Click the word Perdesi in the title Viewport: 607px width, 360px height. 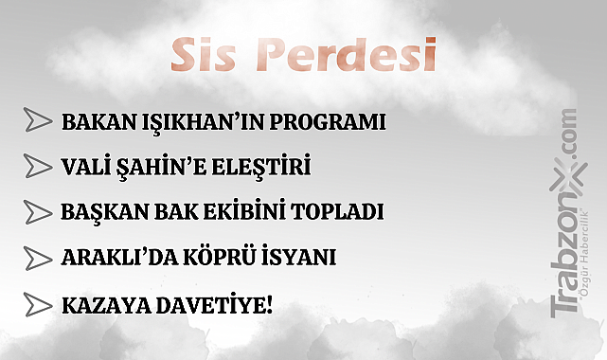349,56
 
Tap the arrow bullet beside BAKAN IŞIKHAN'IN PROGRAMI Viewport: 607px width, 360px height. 37,120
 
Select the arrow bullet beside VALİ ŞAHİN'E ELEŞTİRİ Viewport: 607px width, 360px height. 37,166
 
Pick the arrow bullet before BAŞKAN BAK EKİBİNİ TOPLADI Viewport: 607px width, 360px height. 37,210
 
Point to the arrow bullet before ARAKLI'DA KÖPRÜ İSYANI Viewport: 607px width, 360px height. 37,257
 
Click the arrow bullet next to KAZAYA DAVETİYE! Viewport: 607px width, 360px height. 37,304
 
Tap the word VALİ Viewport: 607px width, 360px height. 86,167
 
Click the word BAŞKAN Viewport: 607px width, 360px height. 98,211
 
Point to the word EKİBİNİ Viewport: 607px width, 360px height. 225,211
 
